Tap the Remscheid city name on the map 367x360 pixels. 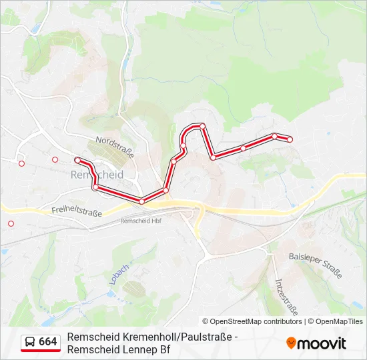pos(96,174)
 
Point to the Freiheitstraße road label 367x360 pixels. pos(76,211)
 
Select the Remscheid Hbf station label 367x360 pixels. pos(141,221)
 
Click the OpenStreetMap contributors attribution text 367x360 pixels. pos(256,321)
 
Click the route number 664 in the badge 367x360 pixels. pos(48,342)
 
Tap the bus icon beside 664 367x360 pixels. pos(30,342)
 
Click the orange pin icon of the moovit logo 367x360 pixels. pos(291,343)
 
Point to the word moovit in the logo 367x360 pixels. pos(321,343)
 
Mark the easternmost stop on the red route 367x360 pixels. pos(290,139)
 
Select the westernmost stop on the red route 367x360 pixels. pos(78,160)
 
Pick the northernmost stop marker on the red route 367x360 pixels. pos(202,125)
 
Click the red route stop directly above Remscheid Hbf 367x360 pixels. pos(141,201)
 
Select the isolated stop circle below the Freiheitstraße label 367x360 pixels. pos(11,224)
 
